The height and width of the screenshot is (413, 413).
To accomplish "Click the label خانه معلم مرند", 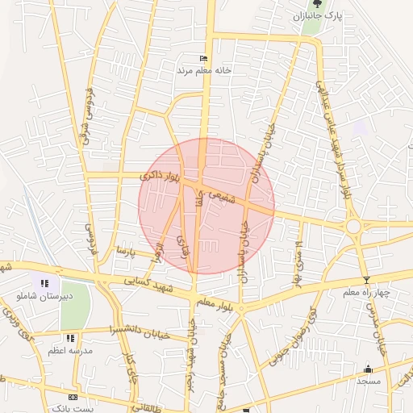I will click(x=205, y=70).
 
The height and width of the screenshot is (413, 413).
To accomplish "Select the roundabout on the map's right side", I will click(x=353, y=227).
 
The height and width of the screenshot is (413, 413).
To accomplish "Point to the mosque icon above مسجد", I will click(x=369, y=369).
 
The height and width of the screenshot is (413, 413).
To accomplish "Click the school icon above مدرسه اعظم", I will click(x=70, y=339).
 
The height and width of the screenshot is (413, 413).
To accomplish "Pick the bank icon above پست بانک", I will click(x=73, y=398).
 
